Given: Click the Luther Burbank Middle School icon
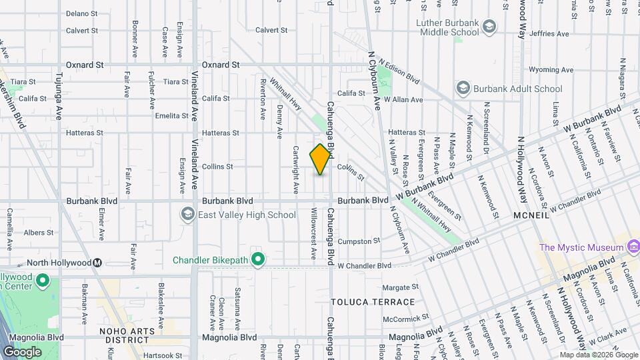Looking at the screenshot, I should [490, 27].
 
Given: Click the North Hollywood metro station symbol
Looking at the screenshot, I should [97, 263].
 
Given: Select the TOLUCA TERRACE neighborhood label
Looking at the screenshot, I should [364, 302].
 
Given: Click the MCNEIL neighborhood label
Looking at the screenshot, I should [531, 216].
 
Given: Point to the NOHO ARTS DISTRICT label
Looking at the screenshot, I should [122, 335].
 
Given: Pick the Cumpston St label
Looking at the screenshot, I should [359, 241].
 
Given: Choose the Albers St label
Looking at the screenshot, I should [39, 233].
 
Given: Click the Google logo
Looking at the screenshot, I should [22, 351].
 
